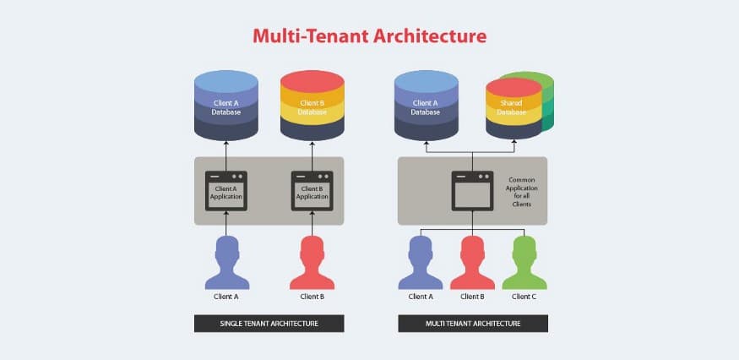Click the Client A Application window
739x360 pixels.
226,191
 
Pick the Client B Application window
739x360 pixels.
312,191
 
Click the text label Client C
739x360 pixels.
524,297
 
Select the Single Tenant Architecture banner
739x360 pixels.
269,323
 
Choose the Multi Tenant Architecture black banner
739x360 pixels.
473,323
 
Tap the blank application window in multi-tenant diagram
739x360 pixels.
472,191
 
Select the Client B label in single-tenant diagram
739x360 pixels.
312,297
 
